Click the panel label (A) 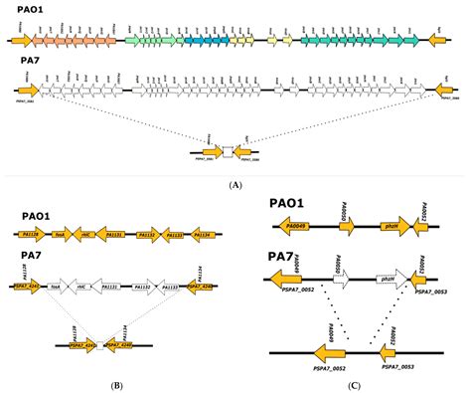pyautogui.click(x=235, y=183)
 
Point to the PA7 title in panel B pyautogui.click(x=26, y=255)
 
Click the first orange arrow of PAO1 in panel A pyautogui.click(x=19, y=43)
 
